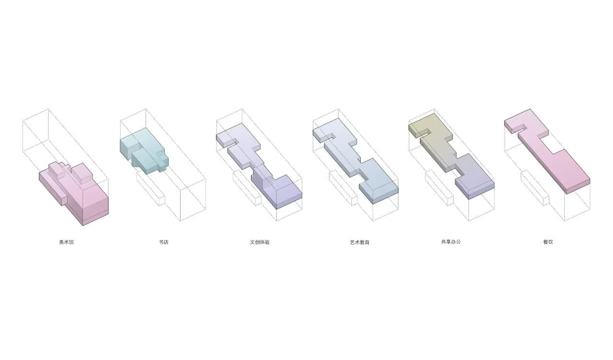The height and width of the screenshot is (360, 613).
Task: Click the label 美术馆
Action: (x=66, y=242)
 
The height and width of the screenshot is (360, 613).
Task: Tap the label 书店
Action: (x=164, y=242)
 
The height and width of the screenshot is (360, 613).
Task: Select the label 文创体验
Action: (x=260, y=242)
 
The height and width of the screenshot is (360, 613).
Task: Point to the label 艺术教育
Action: (x=360, y=242)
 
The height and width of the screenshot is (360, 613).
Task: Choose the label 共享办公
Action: (x=451, y=242)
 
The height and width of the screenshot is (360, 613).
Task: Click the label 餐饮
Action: (x=548, y=242)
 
